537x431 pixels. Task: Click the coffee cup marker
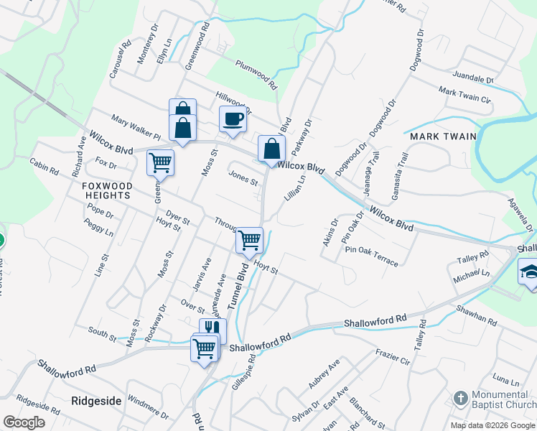coord(233,120)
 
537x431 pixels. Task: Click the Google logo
coord(24,422)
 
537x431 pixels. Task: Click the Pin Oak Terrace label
coord(371,256)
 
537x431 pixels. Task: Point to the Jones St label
coord(243,177)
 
